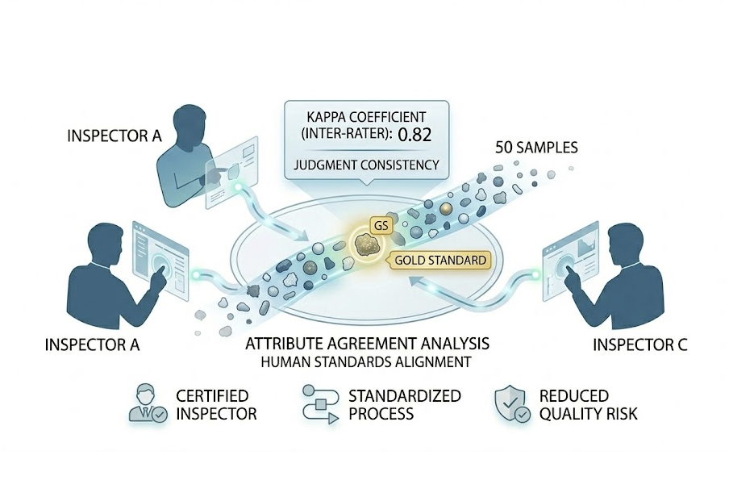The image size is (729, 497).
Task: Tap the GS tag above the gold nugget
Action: [381, 225]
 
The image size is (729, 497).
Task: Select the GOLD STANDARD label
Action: [440, 261]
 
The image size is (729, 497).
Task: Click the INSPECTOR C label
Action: [640, 345]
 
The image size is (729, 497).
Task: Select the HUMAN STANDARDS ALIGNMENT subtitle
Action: [366, 362]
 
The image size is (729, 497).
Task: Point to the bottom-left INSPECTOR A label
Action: [93, 345]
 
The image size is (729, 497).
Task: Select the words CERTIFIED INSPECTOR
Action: [216, 405]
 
